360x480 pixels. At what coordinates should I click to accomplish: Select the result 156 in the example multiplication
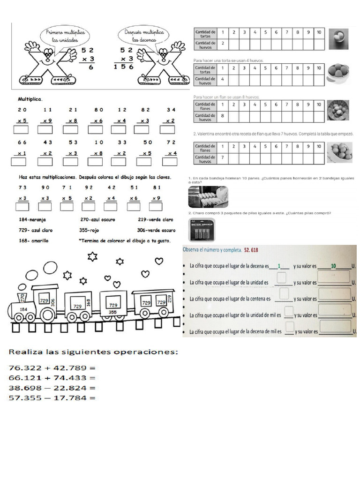123,67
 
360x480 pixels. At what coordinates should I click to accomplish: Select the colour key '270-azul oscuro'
98,219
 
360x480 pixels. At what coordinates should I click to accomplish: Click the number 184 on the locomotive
23,309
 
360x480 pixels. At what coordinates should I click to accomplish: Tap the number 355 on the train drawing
112,312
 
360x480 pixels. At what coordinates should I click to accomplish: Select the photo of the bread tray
208,197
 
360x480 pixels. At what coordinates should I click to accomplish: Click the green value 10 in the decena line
333,266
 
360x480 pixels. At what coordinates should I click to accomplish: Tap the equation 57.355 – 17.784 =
52,398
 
